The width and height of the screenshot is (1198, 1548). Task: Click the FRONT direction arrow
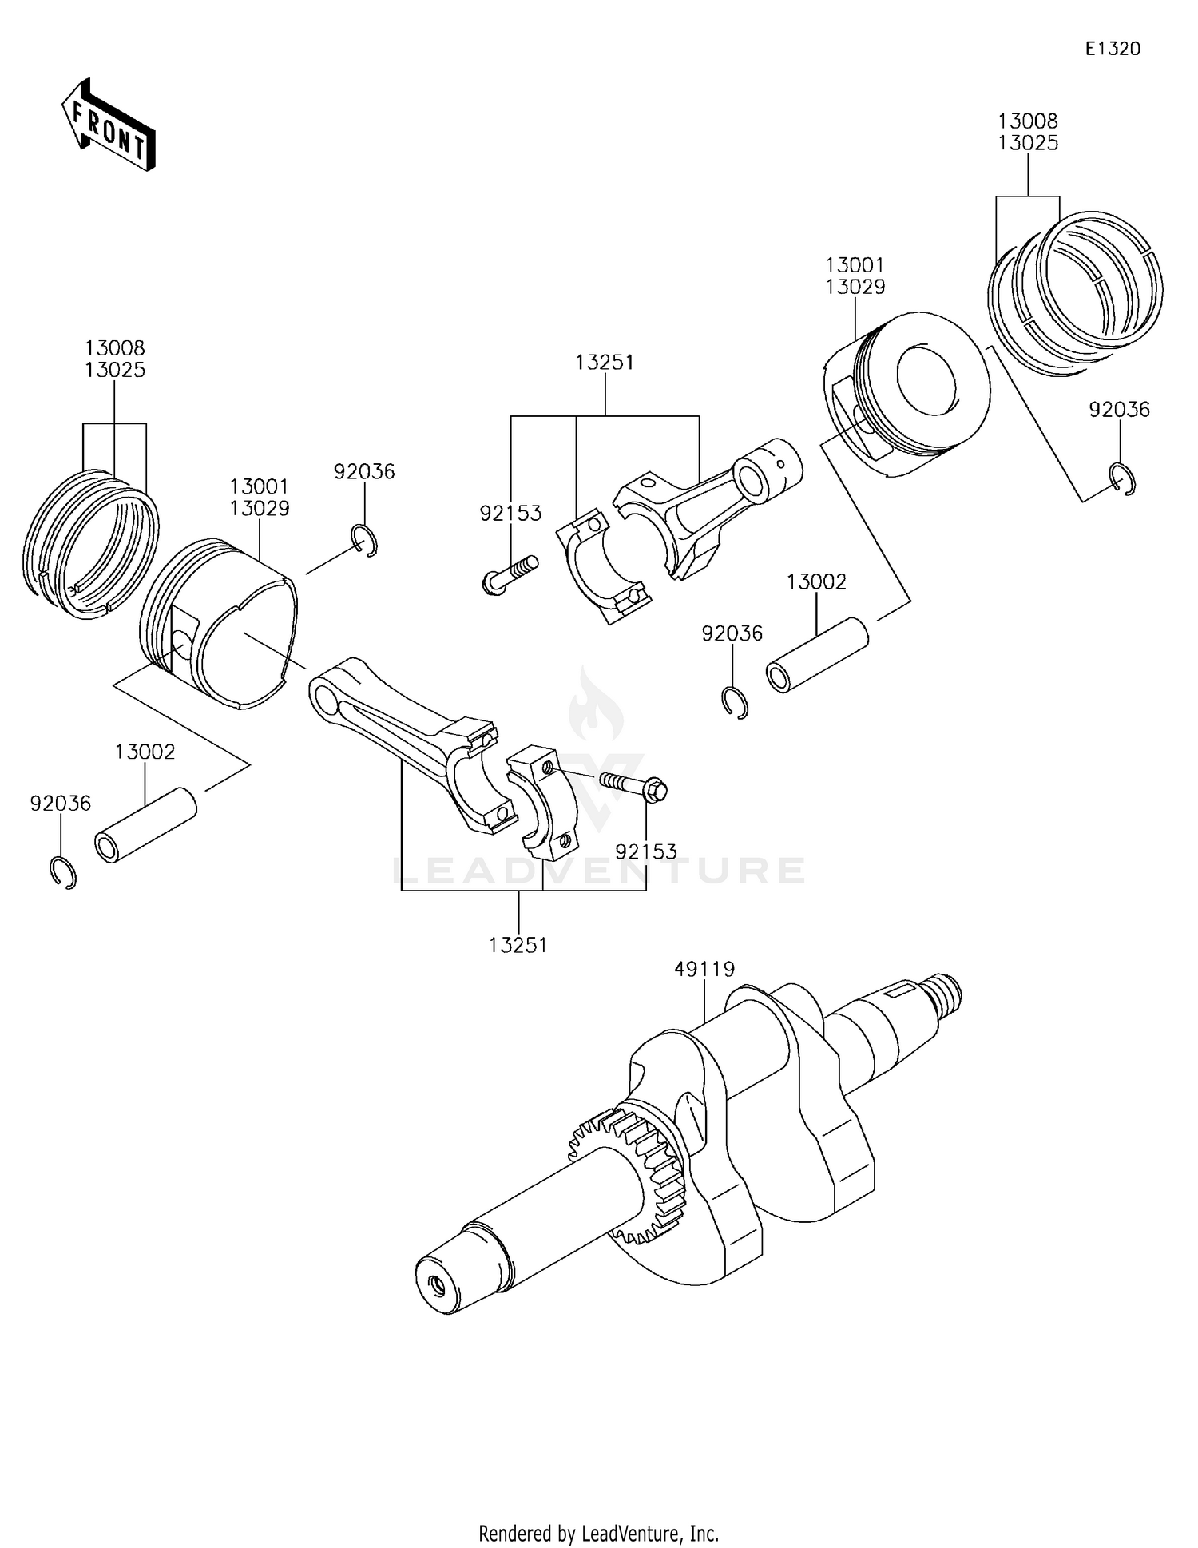pos(109,125)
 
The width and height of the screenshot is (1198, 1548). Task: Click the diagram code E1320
pos(1112,49)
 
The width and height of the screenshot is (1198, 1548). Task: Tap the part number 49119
pos(704,969)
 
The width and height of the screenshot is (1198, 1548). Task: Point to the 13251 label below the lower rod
pos(518,945)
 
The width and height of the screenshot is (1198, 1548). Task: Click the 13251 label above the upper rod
pos(605,363)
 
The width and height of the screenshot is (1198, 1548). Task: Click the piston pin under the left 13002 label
pos(145,825)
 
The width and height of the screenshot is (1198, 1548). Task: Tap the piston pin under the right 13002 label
pos(816,655)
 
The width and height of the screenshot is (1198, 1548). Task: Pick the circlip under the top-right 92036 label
pos(1123,479)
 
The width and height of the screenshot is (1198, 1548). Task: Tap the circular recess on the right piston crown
pos(926,381)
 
